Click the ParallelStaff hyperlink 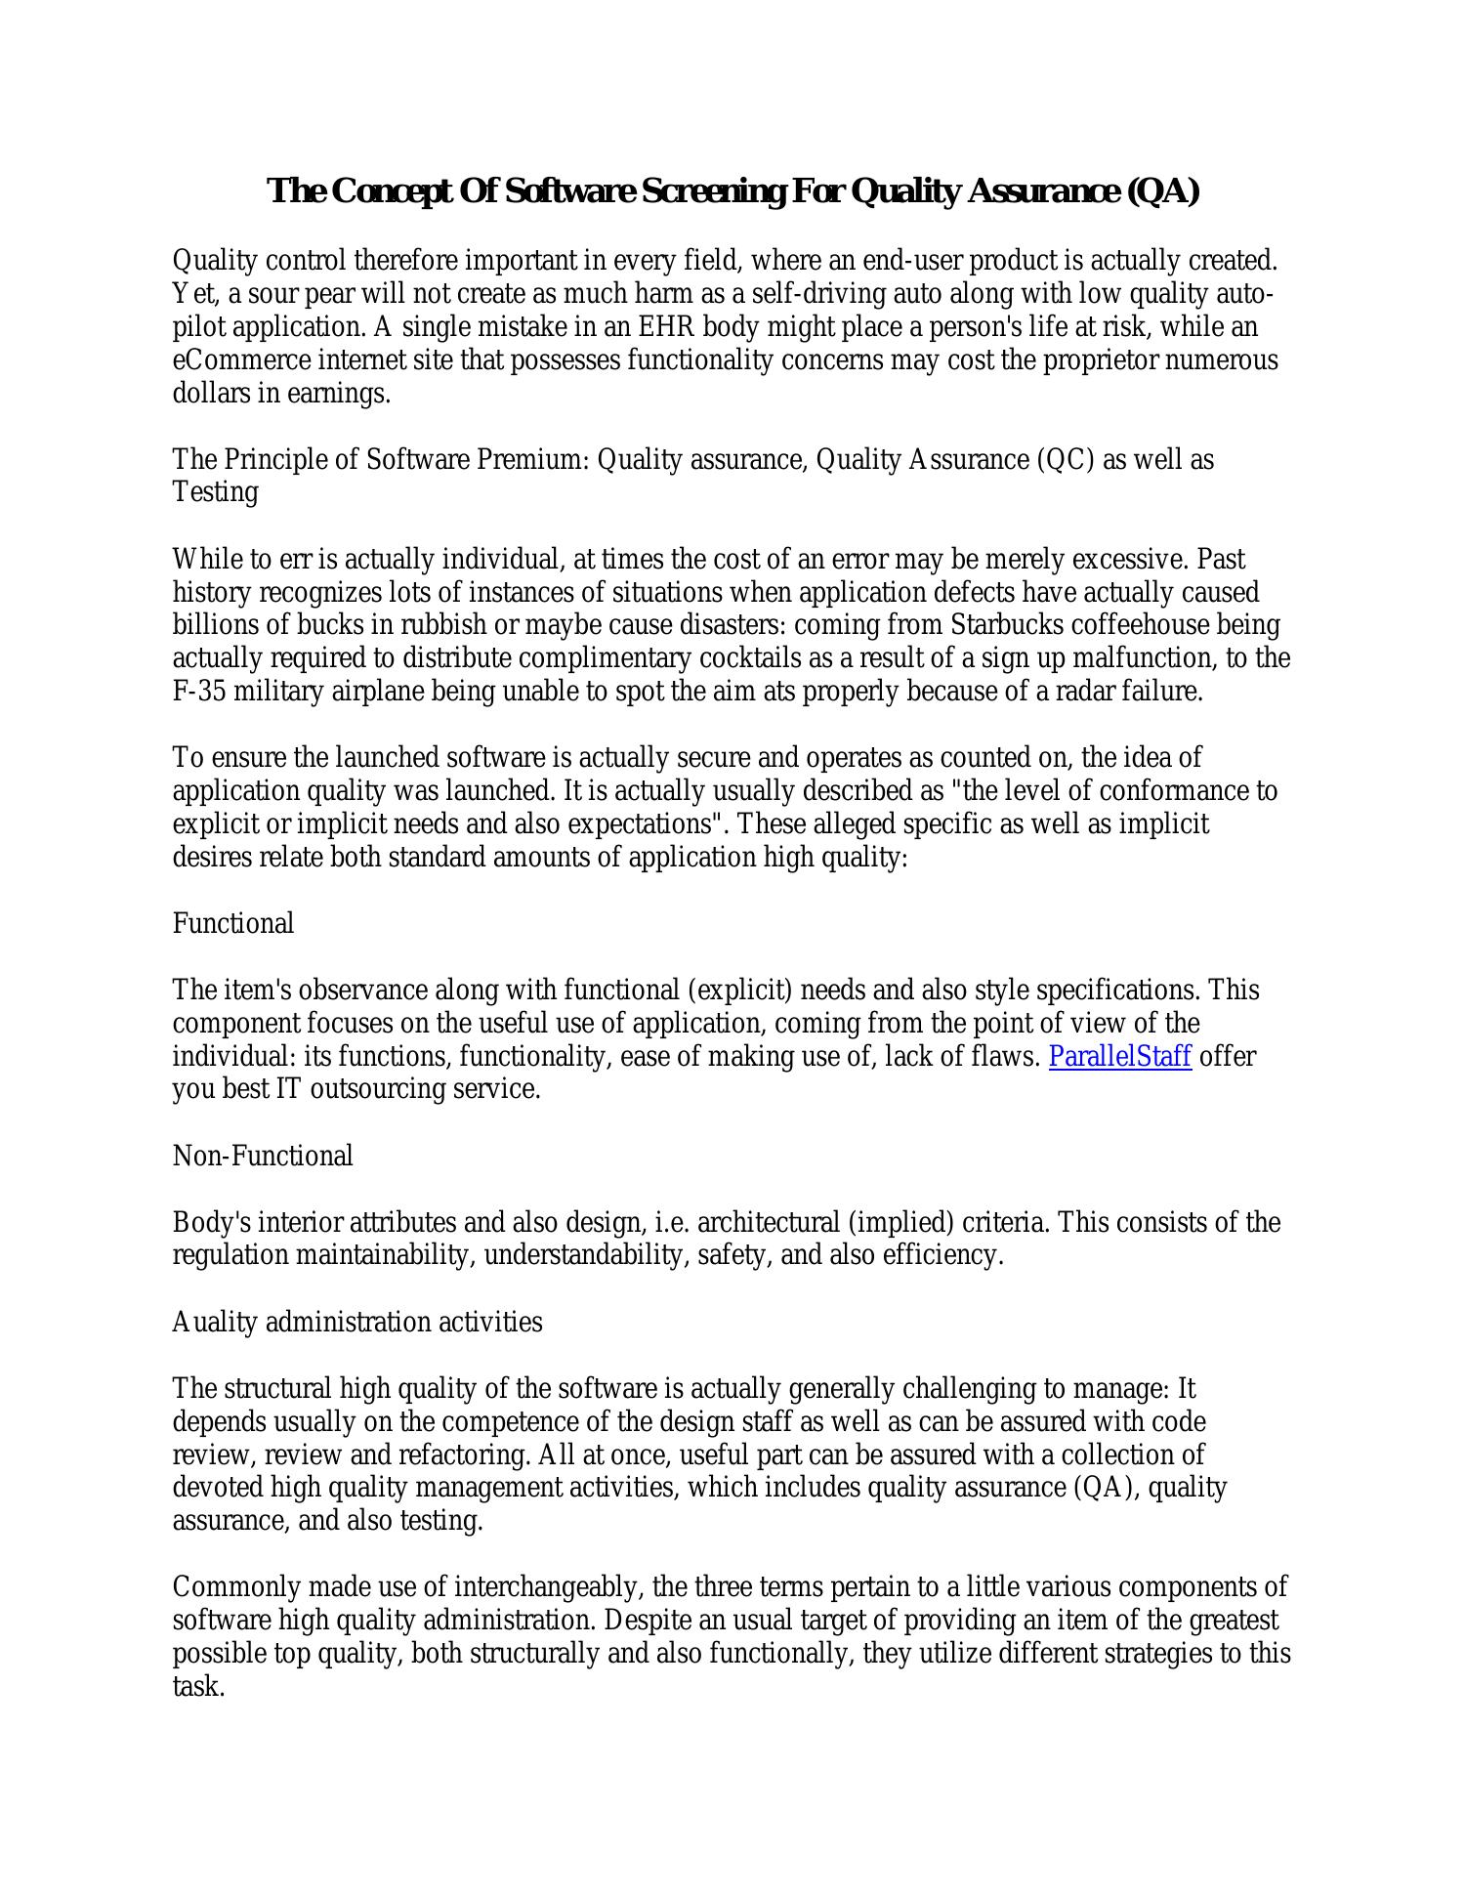coord(1119,1057)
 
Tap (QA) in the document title coord(1162,191)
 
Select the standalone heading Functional coord(233,924)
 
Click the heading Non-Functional coord(263,1157)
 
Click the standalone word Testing coord(216,492)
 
